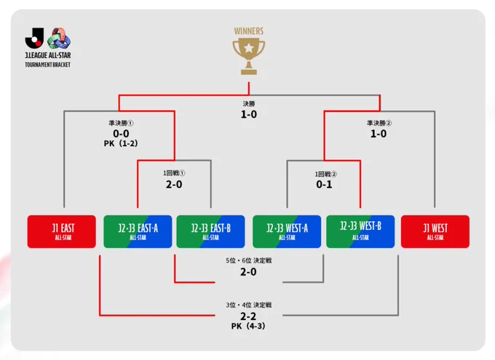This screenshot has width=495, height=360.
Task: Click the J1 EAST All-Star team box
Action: point(62,231)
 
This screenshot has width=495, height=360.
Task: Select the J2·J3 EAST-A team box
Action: point(138,231)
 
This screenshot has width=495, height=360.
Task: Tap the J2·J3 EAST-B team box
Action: point(210,231)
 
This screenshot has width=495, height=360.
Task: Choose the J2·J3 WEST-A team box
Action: point(287,231)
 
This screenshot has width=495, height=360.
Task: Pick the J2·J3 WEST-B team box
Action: point(360,231)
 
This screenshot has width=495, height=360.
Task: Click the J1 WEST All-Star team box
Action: point(435,231)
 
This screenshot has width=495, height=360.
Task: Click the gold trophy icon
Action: point(249,56)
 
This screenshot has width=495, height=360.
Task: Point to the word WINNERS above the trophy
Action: point(249,31)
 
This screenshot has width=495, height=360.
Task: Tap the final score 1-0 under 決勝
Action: point(249,114)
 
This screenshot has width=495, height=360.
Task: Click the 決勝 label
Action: point(249,103)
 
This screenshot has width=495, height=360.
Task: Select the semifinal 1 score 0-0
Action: point(121,134)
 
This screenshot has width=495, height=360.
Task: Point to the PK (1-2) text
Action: point(121,143)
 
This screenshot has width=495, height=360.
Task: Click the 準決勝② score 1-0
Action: point(379,134)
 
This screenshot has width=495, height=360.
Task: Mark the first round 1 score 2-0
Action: point(174,184)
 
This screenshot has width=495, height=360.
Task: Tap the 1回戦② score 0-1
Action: point(324,184)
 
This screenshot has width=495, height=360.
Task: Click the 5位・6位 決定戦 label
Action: point(249,260)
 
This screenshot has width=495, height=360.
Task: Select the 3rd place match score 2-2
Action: point(248,316)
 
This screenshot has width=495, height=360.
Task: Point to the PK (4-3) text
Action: point(248,326)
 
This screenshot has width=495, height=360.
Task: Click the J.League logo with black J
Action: point(34,38)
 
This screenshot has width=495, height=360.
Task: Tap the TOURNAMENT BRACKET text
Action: point(47,65)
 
